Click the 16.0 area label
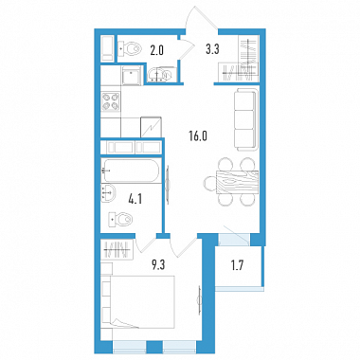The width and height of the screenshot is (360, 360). coord(198,136)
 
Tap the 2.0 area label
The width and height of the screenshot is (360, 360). coord(156,50)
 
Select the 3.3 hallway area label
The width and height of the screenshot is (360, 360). coord(212,49)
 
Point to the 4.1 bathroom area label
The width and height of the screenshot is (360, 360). coord(135,200)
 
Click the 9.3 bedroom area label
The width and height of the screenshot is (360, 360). coord(158,265)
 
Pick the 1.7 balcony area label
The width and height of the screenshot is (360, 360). coord(237,266)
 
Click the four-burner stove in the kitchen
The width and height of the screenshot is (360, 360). coord(111,101)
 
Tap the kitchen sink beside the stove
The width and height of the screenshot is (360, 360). coord(131,75)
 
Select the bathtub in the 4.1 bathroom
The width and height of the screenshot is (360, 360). coord(131,171)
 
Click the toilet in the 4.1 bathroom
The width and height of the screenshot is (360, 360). coord(120,219)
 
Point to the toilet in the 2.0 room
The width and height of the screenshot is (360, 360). coord(130,49)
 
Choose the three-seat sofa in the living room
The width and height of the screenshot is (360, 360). coord(246,119)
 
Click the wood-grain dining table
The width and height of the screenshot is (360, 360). coord(238,182)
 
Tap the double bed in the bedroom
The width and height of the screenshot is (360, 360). coord(138,302)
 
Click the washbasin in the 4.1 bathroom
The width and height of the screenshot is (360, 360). coord(108,192)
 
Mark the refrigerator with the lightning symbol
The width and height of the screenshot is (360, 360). coord(151,127)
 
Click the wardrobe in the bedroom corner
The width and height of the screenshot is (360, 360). coord(117,249)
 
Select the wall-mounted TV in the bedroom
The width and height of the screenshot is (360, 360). coord(200,300)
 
